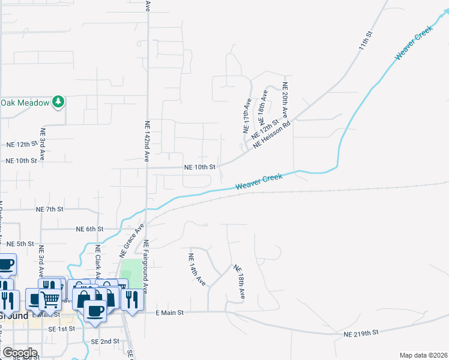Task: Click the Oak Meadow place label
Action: click(x=25, y=103)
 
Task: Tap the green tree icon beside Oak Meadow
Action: click(x=58, y=102)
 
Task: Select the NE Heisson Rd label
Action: click(x=272, y=134)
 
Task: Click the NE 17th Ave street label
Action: click(x=246, y=116)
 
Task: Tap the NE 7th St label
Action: click(x=50, y=209)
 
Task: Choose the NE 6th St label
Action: click(x=90, y=229)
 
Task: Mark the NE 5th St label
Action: click(x=20, y=244)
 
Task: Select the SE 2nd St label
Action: click(x=105, y=341)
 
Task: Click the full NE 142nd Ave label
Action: click(x=147, y=142)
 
